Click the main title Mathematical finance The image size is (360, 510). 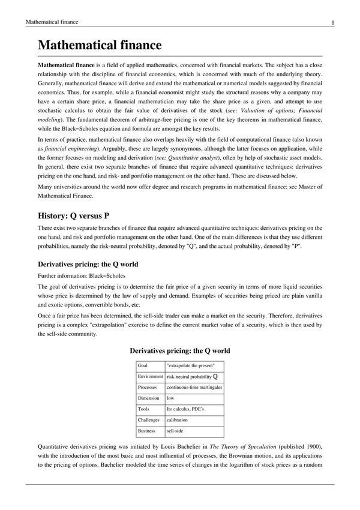tap(99, 45)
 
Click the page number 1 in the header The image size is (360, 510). tap(332, 23)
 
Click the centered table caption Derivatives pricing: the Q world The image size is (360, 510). tap(180, 350)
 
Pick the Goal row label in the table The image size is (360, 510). tap(143, 365)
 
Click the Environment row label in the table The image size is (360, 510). tap(150, 376)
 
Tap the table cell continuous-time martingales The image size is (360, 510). tap(194, 387)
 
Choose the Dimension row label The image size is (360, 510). tap(148, 398)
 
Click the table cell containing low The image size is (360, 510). tap(170, 398)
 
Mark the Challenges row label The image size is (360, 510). tap(149, 420)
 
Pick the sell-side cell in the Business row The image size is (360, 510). tap(175, 431)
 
